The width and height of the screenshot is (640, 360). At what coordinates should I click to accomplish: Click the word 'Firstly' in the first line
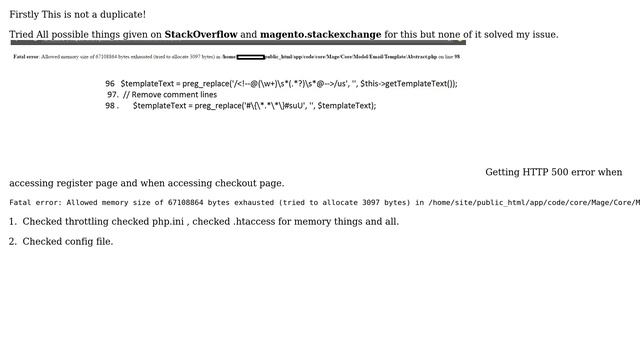(x=25, y=15)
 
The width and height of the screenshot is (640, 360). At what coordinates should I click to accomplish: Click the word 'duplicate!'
(x=120, y=15)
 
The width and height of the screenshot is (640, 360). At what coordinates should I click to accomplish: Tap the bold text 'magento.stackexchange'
(x=320, y=35)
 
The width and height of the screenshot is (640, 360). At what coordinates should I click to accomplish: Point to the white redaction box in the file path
(x=250, y=57)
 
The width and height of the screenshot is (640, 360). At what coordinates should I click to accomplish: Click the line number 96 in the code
(x=110, y=84)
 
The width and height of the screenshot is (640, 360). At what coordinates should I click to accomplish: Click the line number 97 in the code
(x=112, y=95)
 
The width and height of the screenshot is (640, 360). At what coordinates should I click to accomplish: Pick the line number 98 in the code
(x=110, y=106)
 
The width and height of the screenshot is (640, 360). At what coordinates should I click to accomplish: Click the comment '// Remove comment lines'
(x=170, y=95)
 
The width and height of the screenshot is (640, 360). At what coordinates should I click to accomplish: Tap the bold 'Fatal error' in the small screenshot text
(x=25, y=57)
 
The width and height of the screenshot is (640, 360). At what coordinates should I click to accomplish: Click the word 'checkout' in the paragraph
(x=234, y=184)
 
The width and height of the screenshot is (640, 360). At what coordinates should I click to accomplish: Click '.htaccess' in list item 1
(x=255, y=222)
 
